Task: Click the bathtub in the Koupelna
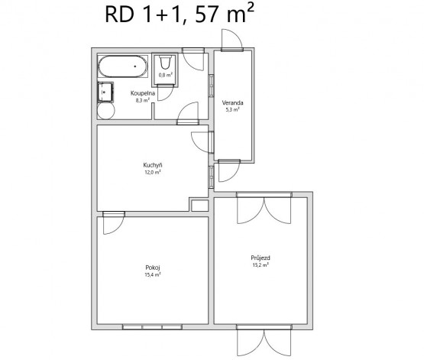click(x=123, y=66)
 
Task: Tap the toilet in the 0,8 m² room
click(x=165, y=63)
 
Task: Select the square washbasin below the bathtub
click(x=105, y=92)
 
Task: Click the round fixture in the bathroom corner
click(x=106, y=111)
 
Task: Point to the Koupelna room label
click(x=143, y=93)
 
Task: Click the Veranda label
click(x=232, y=102)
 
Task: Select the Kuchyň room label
click(x=153, y=165)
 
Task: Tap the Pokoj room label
click(x=153, y=268)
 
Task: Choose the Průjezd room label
click(x=261, y=258)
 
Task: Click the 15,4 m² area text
click(x=153, y=275)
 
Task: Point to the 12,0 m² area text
click(x=153, y=172)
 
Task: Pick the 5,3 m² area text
click(x=232, y=110)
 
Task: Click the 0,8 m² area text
click(x=166, y=75)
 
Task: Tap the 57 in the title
click(x=206, y=14)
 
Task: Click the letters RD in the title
click(x=119, y=15)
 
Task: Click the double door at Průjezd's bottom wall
click(x=264, y=342)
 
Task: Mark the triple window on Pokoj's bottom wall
click(x=152, y=327)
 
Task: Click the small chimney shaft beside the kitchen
click(x=199, y=206)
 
